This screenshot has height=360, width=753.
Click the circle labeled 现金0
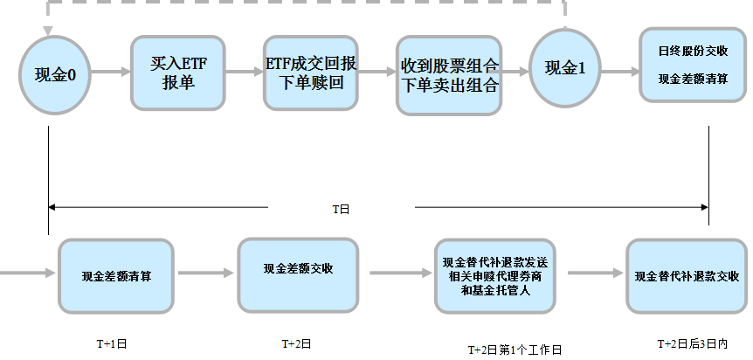point(49,73)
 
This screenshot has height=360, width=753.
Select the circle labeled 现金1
point(564,68)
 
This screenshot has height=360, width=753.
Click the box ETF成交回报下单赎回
point(310,73)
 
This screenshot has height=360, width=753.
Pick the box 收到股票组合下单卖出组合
point(449,76)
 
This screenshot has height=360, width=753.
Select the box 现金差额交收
point(298,269)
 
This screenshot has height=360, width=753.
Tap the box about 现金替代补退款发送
point(494,275)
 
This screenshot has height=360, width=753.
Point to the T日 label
point(341,209)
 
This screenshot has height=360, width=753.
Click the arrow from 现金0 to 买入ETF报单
point(107,73)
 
